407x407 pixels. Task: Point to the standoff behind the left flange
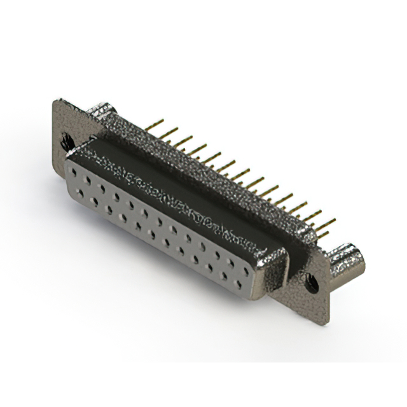pyautogui.click(x=101, y=114)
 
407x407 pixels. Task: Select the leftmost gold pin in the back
pyautogui.click(x=156, y=122)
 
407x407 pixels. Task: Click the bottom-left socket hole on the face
pyautogui.click(x=79, y=191)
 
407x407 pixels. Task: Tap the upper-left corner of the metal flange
pyautogui.click(x=55, y=102)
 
